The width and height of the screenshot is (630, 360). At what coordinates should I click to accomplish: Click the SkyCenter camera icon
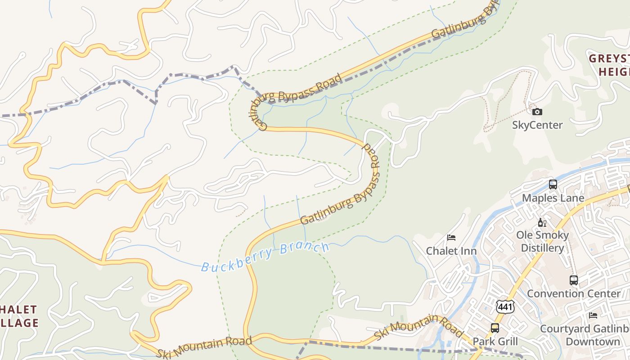pos(537,112)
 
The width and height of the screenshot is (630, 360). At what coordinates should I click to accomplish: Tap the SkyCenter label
pos(537,125)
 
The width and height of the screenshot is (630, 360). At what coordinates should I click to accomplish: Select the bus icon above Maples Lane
pos(553,184)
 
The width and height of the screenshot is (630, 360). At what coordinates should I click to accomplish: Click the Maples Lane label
pos(553,198)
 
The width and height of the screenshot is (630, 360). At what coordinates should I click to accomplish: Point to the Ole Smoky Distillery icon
pos(542,222)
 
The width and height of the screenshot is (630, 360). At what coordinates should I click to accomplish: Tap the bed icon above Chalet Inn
pos(451,238)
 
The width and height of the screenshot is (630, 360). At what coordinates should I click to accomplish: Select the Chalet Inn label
pos(451,251)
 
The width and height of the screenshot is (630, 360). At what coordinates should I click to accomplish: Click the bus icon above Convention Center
pos(573,280)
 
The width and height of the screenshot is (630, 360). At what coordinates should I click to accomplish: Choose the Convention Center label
pos(573,294)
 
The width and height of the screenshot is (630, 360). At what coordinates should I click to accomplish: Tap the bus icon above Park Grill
pos(495,328)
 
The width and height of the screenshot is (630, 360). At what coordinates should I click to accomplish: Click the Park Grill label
pos(495,342)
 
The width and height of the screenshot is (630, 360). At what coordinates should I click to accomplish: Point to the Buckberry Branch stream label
pos(265,257)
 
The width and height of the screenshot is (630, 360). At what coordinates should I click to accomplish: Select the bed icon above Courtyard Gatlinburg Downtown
pos(593,315)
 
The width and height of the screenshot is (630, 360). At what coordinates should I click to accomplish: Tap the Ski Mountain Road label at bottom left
pos(204,347)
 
